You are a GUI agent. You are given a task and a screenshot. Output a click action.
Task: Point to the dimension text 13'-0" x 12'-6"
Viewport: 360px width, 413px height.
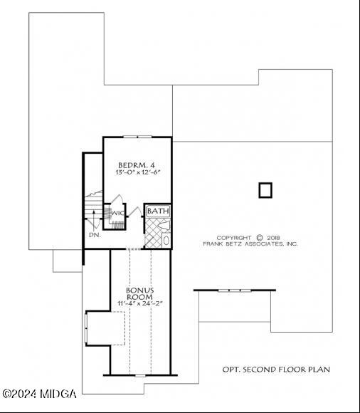[137, 172]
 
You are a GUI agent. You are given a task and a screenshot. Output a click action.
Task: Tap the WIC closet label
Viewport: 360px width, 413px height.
[117, 212]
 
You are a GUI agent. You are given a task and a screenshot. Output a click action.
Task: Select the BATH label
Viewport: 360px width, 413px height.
[158, 211]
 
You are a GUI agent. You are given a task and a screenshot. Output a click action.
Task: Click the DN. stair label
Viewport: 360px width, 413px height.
[95, 234]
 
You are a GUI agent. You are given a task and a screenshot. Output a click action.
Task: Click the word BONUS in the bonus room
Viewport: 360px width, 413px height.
[140, 290]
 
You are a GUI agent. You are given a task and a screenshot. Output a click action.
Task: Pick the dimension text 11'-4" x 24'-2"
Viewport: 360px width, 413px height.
[140, 303]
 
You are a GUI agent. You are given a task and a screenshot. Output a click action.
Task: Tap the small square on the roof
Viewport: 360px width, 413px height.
[265, 189]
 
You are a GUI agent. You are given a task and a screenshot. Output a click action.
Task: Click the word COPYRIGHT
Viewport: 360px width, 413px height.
[234, 238]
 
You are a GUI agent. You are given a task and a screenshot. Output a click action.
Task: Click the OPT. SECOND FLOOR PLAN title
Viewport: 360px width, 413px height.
[276, 370]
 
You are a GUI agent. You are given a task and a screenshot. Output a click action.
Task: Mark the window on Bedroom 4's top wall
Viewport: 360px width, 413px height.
[137, 137]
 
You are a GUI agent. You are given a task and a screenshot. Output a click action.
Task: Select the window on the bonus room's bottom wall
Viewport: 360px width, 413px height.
[140, 375]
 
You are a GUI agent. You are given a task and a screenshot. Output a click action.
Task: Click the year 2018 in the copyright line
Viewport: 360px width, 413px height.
[275, 238]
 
